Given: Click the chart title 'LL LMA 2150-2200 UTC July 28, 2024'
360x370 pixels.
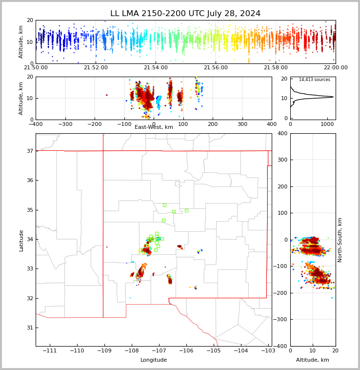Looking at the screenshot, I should (185, 14).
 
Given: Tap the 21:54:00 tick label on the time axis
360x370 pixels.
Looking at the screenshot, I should (156, 68).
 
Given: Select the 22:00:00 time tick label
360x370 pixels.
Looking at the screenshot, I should (335, 68).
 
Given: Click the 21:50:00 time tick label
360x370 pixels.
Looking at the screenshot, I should (36, 68).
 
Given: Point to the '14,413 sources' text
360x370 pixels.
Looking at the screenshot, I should (314, 80).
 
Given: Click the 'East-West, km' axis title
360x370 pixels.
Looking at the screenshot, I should (154, 127).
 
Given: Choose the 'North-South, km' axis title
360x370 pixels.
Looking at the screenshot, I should (340, 240).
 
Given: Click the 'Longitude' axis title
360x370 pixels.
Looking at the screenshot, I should (154, 360).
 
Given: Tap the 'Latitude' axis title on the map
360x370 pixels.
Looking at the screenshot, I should (21, 240).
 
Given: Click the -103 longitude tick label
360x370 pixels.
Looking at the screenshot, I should (267, 351).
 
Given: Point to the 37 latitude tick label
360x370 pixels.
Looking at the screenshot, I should (29, 151).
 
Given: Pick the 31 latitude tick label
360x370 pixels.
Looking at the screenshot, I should (29, 328).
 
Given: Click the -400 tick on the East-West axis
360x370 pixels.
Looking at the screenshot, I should (36, 124).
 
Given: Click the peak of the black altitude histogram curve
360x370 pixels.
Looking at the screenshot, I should (333, 97).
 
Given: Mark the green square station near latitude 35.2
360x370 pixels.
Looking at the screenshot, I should (164, 205).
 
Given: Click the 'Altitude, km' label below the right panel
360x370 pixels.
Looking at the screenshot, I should (313, 360).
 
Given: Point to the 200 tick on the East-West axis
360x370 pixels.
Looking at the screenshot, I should (213, 124).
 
